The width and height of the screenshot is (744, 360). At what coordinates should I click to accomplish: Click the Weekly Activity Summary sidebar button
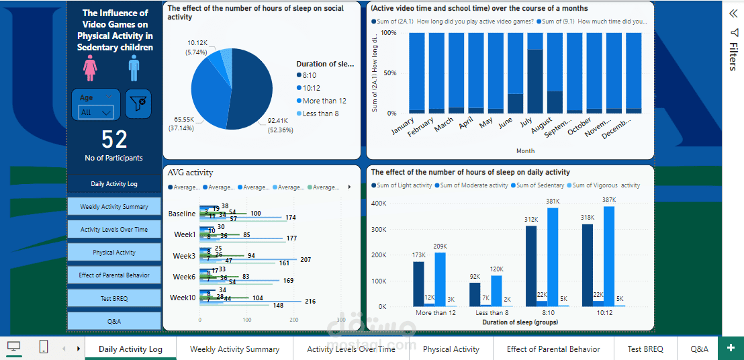pyautogui.click(x=113, y=207)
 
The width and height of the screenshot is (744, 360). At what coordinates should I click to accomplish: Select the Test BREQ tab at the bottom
pyautogui.click(x=645, y=349)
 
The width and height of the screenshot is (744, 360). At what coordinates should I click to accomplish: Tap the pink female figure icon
pyautogui.click(x=89, y=68)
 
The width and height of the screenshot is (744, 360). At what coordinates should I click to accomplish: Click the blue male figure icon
pyautogui.click(x=134, y=68)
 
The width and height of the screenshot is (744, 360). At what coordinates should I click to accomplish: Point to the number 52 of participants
pyautogui.click(x=114, y=139)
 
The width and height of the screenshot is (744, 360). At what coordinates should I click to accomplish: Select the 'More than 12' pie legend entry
pyautogui.click(x=324, y=101)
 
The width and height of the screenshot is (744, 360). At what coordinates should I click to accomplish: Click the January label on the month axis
pyautogui.click(x=403, y=127)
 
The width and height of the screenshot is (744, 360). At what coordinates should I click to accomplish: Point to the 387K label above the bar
pyautogui.click(x=609, y=201)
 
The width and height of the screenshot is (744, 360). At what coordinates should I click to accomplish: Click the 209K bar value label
pyautogui.click(x=440, y=246)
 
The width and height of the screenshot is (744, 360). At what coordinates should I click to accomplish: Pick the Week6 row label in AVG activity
pyautogui.click(x=183, y=277)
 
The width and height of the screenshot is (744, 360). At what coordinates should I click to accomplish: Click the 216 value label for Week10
pyautogui.click(x=310, y=302)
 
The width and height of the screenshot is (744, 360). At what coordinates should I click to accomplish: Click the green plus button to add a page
pyautogui.click(x=731, y=348)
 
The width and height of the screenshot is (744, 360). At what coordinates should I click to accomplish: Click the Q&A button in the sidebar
pyautogui.click(x=113, y=321)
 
